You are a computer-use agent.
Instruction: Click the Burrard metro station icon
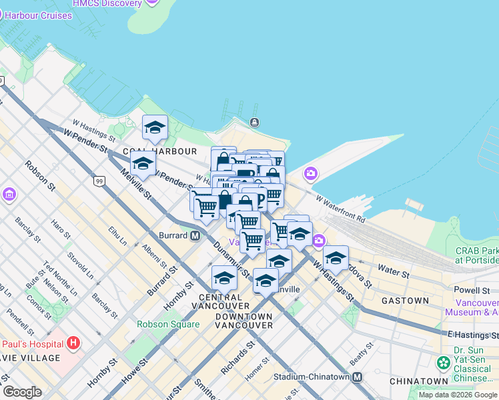click(x=195, y=235)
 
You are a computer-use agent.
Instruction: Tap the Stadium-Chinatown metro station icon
click(x=357, y=377)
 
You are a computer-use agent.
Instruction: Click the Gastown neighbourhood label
click(x=405, y=301)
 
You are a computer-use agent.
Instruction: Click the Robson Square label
click(x=168, y=325)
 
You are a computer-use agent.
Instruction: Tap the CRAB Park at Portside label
click(x=476, y=255)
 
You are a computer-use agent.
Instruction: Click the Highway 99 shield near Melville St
click(x=99, y=181)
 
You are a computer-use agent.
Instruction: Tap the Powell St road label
click(x=471, y=291)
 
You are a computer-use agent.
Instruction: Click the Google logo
click(x=22, y=392)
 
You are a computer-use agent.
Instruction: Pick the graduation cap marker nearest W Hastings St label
click(x=336, y=257)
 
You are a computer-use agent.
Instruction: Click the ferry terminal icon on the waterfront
click(x=254, y=122)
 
